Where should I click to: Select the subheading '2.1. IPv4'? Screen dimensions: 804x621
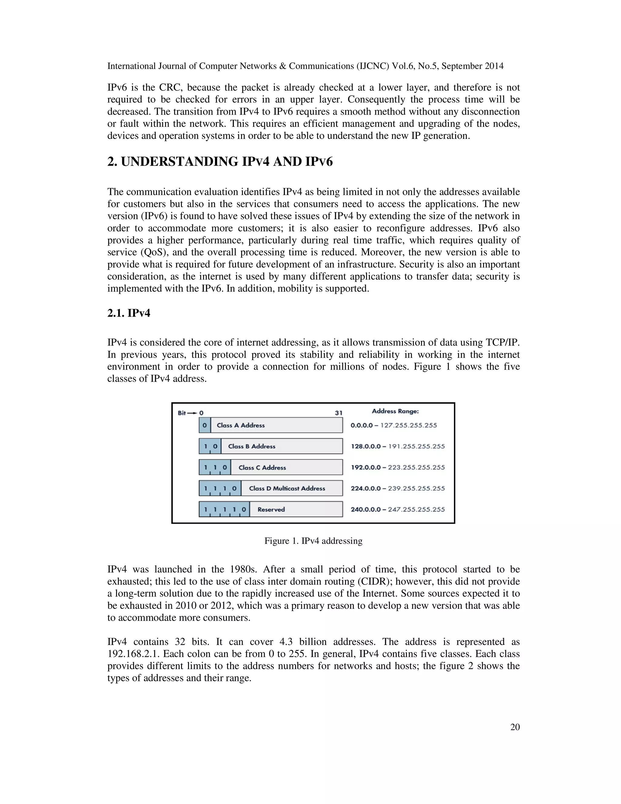(x=129, y=313)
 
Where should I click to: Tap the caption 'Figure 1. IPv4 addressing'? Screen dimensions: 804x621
(x=313, y=540)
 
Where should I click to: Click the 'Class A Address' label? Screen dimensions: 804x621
(x=240, y=425)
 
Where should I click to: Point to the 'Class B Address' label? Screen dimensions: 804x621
(x=252, y=446)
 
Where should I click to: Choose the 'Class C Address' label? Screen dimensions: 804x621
(x=262, y=468)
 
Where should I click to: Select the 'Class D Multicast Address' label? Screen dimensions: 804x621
(x=287, y=488)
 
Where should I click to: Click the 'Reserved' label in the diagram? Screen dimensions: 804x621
(x=271, y=509)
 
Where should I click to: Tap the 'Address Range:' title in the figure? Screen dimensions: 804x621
(x=395, y=411)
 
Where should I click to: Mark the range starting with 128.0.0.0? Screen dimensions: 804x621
(x=397, y=446)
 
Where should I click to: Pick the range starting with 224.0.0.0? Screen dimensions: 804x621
(x=397, y=488)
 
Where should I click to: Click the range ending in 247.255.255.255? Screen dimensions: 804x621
(x=397, y=509)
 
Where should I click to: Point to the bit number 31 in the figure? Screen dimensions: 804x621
(x=338, y=413)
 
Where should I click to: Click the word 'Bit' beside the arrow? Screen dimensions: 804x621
(x=182, y=413)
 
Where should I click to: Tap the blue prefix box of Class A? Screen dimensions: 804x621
(x=205, y=425)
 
